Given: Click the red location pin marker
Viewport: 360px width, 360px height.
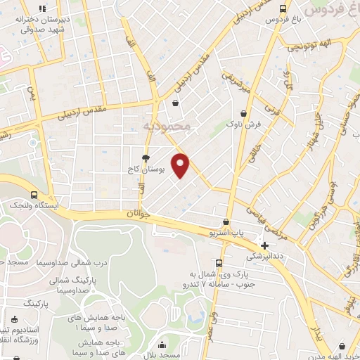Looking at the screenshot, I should pyautogui.click(x=181, y=165).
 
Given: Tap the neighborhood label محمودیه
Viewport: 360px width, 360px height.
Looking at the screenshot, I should pyautogui.click(x=167, y=126).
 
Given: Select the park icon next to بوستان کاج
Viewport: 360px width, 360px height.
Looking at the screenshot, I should pyautogui.click(x=146, y=158).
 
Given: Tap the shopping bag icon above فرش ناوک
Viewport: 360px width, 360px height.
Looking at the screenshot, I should pyautogui.click(x=243, y=112).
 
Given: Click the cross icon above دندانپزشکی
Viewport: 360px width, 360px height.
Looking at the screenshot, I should pyautogui.click(x=264, y=246).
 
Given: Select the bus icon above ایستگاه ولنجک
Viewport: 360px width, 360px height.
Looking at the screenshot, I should pyautogui.click(x=34, y=195).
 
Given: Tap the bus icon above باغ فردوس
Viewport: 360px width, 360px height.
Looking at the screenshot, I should pyautogui.click(x=283, y=9).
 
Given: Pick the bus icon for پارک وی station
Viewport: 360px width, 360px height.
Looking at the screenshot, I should pyautogui.click(x=219, y=263).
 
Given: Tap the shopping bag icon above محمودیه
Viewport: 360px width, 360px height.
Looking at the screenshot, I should pyautogui.click(x=175, y=103).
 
